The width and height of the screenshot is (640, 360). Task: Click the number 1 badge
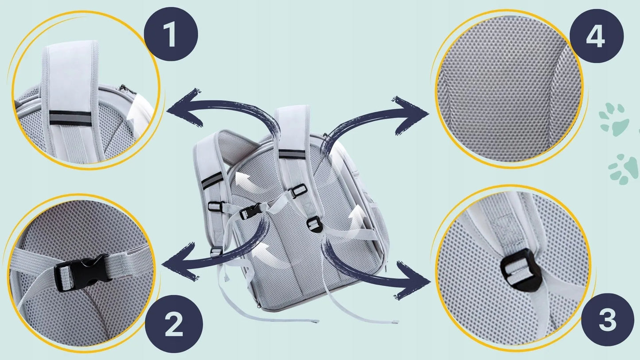171,34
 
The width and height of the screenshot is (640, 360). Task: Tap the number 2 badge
174,324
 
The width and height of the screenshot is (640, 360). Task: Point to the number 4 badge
597,36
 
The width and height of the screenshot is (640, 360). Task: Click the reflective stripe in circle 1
70,118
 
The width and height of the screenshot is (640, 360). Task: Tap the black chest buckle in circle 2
83,272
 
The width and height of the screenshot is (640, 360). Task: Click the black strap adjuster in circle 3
520,270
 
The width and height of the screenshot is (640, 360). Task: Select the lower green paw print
623,169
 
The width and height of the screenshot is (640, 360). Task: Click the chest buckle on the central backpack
251,211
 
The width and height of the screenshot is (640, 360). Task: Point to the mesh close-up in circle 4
509,89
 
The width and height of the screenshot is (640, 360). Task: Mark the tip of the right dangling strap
395,322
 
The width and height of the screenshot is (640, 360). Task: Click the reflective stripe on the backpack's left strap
212,180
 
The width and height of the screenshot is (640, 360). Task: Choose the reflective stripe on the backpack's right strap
292,154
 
